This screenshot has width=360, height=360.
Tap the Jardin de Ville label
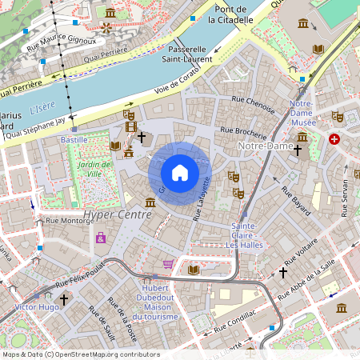pos(95,168)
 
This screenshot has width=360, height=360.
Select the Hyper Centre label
pos(117,215)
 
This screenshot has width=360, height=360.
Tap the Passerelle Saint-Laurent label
pos(187,54)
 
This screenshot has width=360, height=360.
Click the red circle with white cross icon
pos(334,138)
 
